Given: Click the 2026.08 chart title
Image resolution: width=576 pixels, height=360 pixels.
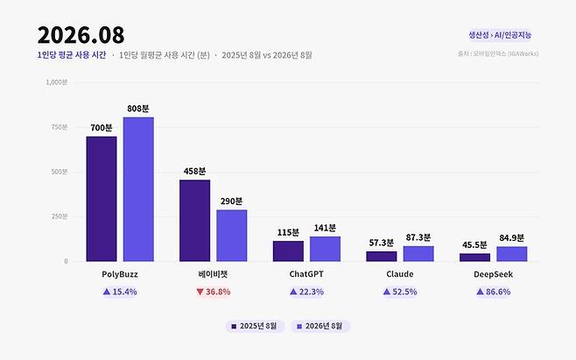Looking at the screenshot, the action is coord(81,35).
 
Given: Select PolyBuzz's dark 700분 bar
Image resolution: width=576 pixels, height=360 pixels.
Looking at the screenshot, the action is coord(102,199).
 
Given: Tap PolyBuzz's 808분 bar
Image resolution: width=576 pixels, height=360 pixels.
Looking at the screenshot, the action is coord(138,189).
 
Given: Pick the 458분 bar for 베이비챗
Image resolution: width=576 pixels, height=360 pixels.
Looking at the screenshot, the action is coord(194,221).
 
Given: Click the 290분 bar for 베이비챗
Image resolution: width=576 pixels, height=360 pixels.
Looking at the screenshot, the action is coord(232,236).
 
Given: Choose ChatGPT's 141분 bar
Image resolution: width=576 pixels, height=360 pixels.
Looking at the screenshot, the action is coord(325,249).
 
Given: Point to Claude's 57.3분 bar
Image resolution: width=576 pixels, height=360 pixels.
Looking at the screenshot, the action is coord(382,257).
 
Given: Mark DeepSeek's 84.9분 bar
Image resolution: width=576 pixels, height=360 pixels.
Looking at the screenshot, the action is coord(512,254).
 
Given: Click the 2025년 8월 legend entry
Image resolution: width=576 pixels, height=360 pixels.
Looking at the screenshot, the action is coord(255,326).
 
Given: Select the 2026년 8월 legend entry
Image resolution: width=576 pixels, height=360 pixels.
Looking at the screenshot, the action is coord(320,326).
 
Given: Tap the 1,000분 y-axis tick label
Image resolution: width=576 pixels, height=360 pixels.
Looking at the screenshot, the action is coord(57,82).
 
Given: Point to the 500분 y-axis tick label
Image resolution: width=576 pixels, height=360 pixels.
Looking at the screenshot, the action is coord(60,172).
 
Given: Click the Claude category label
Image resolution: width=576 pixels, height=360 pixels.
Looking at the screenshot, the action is coord(400,274).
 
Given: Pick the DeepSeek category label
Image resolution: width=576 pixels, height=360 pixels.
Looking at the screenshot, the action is coord(493,274).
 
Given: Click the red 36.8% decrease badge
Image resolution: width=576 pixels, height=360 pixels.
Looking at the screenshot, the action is coord(214,292).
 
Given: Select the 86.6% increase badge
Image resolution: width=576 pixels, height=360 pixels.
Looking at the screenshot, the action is coord(494,292).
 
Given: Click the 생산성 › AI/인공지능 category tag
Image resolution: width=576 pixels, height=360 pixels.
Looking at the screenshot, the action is coord(500,35).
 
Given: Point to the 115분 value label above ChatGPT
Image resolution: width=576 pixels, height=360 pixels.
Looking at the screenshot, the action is coord(288,232).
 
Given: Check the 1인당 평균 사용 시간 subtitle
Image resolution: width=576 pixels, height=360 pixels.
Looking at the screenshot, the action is coord(72,55).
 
